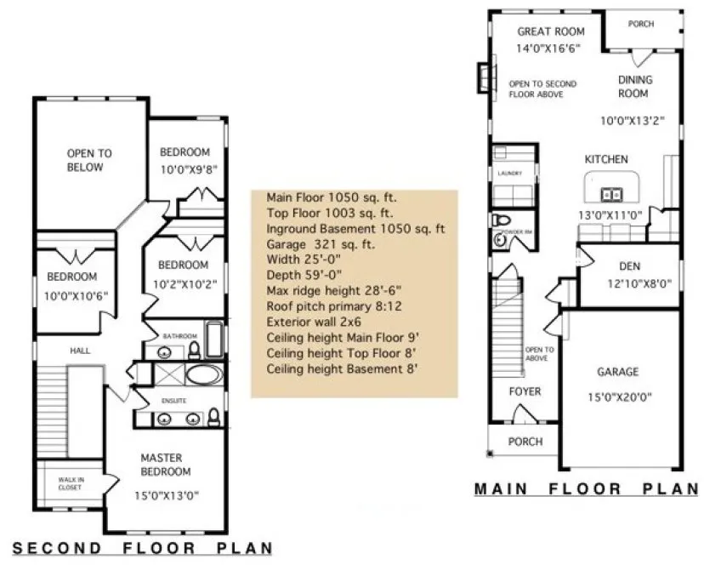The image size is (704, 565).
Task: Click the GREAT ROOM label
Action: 551,31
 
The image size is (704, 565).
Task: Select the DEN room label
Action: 629,265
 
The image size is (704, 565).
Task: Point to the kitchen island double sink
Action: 609,191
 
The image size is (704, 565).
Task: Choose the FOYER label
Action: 525,391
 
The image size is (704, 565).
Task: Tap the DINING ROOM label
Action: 635,86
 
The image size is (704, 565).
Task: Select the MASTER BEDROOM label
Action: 166,465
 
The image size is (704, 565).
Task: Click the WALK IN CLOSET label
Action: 71,484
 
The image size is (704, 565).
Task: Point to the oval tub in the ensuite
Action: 202,374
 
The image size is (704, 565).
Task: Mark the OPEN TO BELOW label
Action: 89,160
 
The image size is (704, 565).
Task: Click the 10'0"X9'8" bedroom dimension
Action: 190,168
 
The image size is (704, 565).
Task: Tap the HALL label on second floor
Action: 81,350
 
